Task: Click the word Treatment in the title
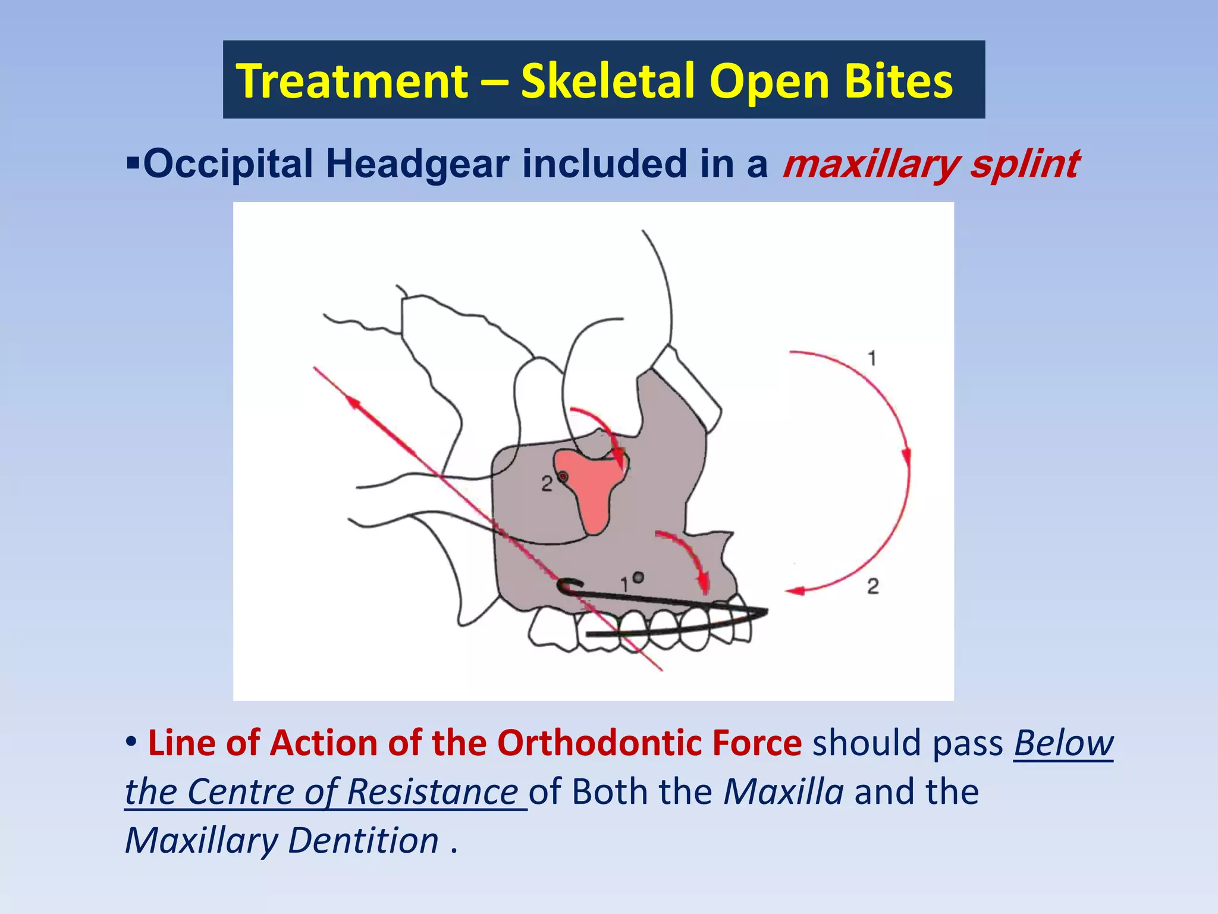pos(352,81)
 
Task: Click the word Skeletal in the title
pos(608,81)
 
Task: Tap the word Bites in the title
pos(898,81)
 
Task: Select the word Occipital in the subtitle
pos(228,164)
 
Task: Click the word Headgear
pos(417,164)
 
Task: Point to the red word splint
pos(1024,164)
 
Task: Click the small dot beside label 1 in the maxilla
pos(639,577)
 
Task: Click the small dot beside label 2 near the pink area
pos(563,477)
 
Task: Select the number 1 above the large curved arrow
pos(872,359)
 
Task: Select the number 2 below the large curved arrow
pos(872,587)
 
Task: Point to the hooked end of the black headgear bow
pos(565,586)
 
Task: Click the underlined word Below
pos(1063,743)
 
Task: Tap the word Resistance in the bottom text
pos(432,792)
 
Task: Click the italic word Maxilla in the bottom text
pos(783,792)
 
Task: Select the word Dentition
pos(363,841)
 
